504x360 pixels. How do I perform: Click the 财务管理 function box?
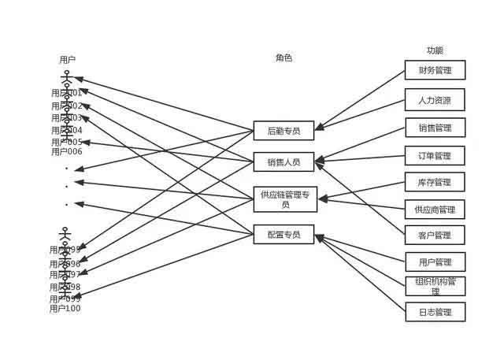(x=435, y=70)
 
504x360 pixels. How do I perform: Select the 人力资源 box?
(x=435, y=100)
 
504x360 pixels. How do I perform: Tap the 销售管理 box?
(x=435, y=128)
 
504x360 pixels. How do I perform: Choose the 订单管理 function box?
(x=435, y=155)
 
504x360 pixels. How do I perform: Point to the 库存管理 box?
(x=435, y=182)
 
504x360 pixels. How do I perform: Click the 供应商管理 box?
(x=435, y=210)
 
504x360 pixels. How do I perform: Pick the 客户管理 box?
(x=435, y=235)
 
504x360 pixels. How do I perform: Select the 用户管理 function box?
(x=435, y=262)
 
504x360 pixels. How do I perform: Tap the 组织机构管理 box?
(x=435, y=286)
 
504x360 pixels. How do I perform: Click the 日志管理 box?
(x=435, y=312)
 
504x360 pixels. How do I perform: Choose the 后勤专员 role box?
(x=283, y=131)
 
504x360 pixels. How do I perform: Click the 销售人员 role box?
(x=283, y=161)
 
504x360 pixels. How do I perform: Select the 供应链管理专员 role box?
(x=285, y=199)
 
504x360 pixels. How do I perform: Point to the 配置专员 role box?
(x=283, y=234)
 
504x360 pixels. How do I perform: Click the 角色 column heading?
(x=283, y=58)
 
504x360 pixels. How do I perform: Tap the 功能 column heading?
(x=435, y=50)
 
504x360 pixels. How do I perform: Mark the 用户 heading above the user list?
(x=68, y=59)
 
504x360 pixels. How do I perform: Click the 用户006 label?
(x=66, y=151)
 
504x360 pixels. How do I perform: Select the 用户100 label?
(x=65, y=309)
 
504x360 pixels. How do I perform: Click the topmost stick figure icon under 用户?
(x=67, y=78)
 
